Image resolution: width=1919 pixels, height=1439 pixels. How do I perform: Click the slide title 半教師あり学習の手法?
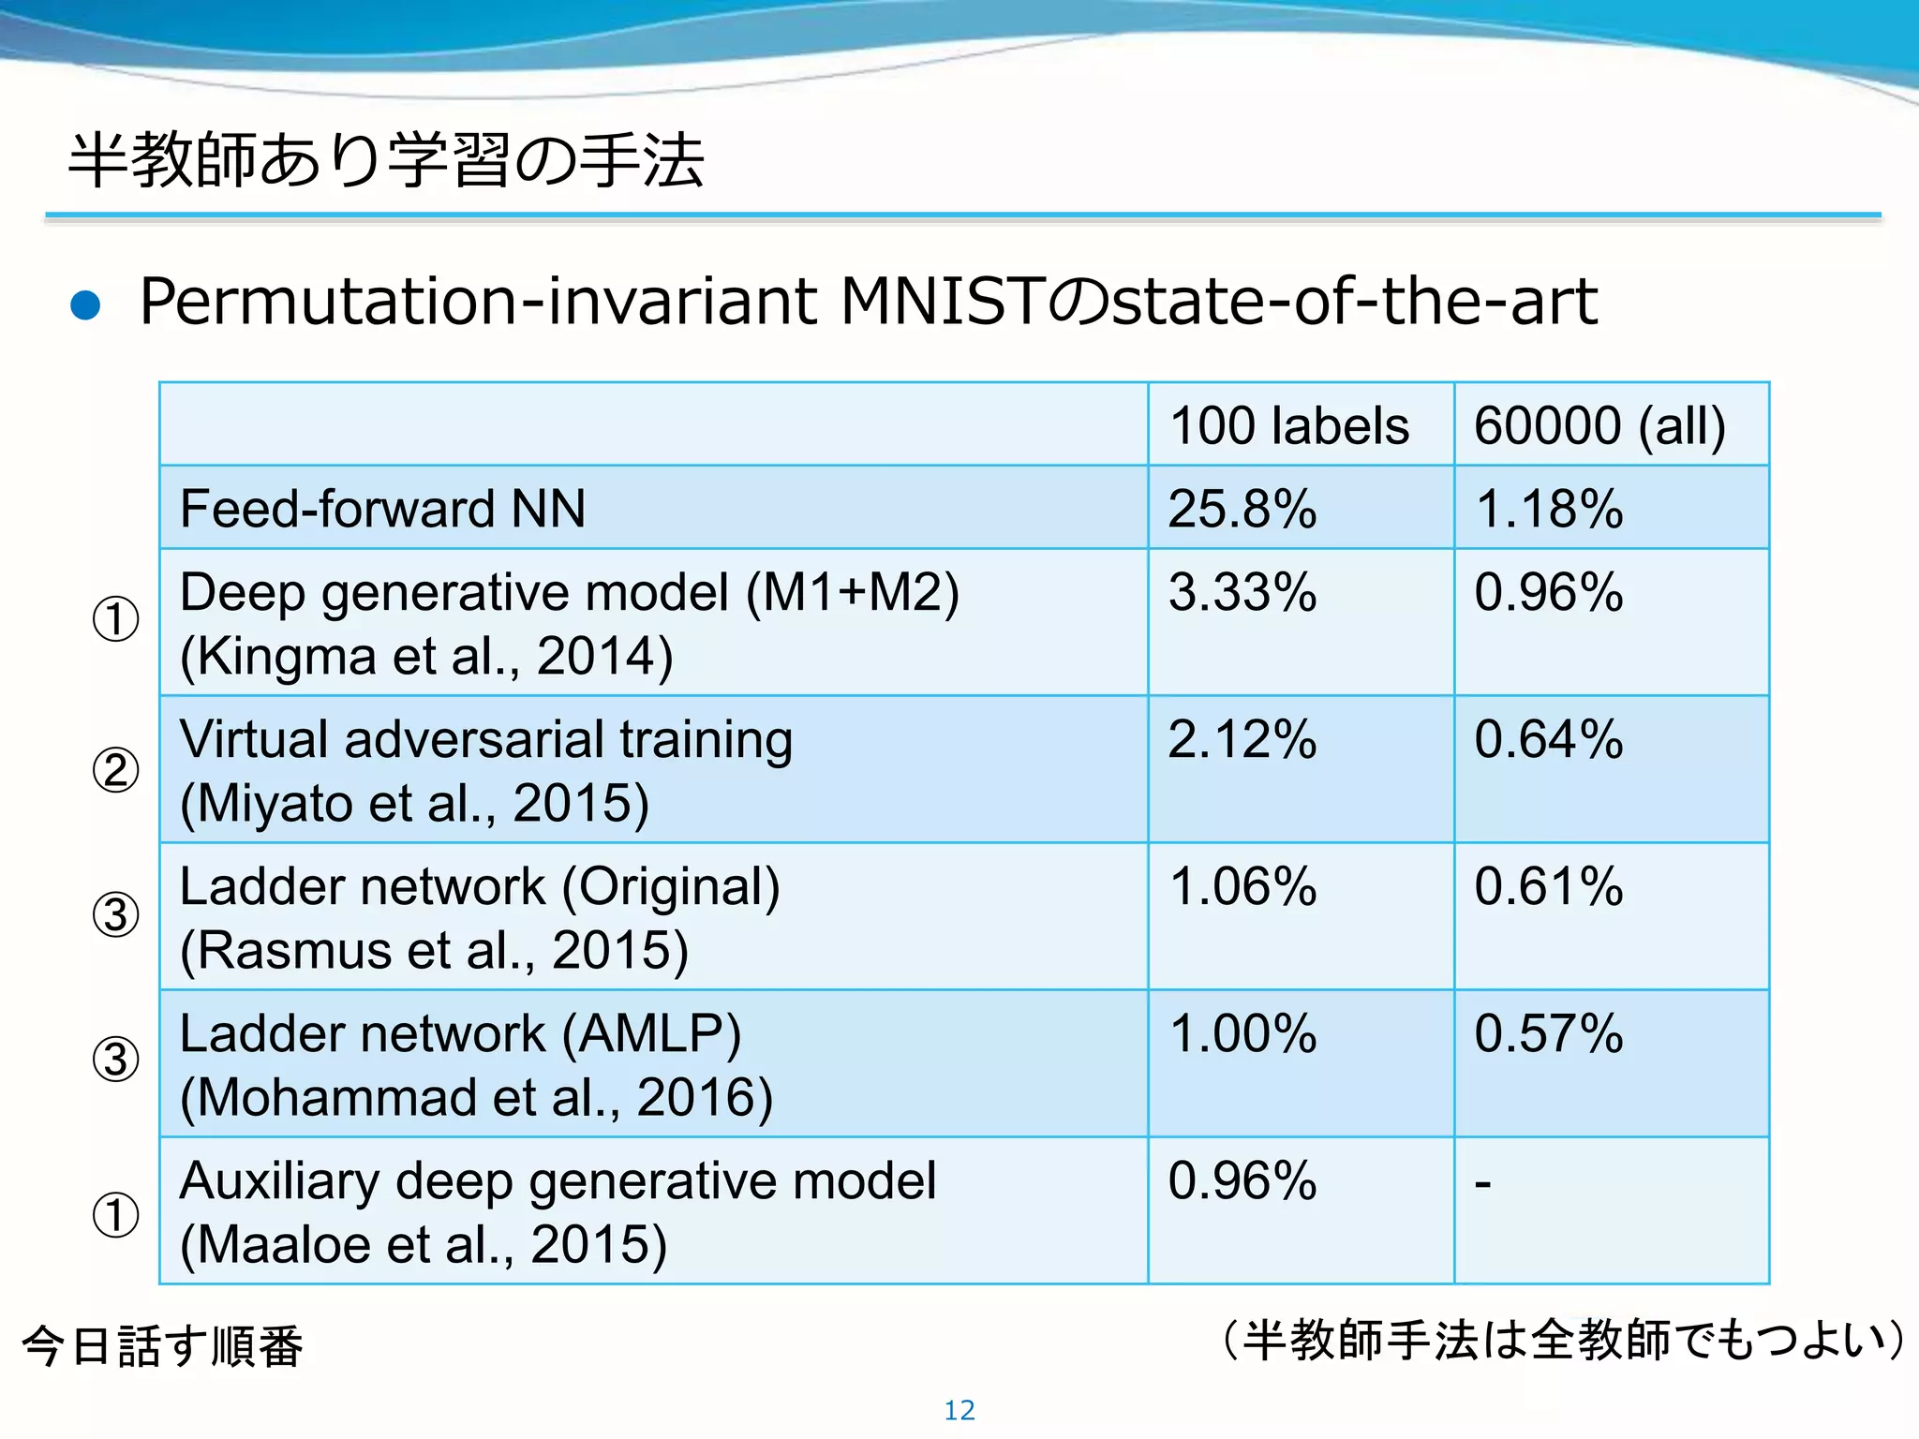[386, 160]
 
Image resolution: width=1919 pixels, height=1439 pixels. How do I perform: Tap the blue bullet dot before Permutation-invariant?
[85, 305]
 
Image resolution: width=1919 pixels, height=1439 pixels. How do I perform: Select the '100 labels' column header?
[1289, 425]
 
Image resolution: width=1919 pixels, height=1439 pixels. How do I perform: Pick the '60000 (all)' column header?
[1599, 425]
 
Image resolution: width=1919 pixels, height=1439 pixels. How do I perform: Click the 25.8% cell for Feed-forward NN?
[1242, 509]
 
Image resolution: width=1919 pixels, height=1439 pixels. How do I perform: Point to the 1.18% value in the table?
[1549, 509]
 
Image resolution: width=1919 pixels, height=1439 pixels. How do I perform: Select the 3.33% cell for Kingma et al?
[1242, 592]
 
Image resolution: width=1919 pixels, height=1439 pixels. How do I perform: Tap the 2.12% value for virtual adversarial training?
[1242, 739]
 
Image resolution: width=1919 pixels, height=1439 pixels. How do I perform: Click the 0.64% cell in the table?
[1549, 739]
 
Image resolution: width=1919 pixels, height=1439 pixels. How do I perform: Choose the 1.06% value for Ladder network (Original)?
[1242, 886]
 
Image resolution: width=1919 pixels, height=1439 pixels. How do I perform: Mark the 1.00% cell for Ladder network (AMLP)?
[1242, 1033]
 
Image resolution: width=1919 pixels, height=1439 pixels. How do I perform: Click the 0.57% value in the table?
[1549, 1033]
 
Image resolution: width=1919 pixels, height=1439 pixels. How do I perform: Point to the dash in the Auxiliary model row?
[1482, 1184]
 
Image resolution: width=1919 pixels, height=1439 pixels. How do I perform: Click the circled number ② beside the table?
[116, 770]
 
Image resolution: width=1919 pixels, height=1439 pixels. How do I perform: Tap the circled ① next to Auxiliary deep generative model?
[116, 1215]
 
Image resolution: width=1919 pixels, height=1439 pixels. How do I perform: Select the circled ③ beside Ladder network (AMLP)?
[116, 1060]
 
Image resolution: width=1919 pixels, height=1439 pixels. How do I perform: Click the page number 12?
[959, 1410]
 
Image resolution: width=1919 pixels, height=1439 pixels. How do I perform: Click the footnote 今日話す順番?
[162, 1346]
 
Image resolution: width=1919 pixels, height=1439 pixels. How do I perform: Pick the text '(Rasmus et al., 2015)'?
[434, 951]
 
